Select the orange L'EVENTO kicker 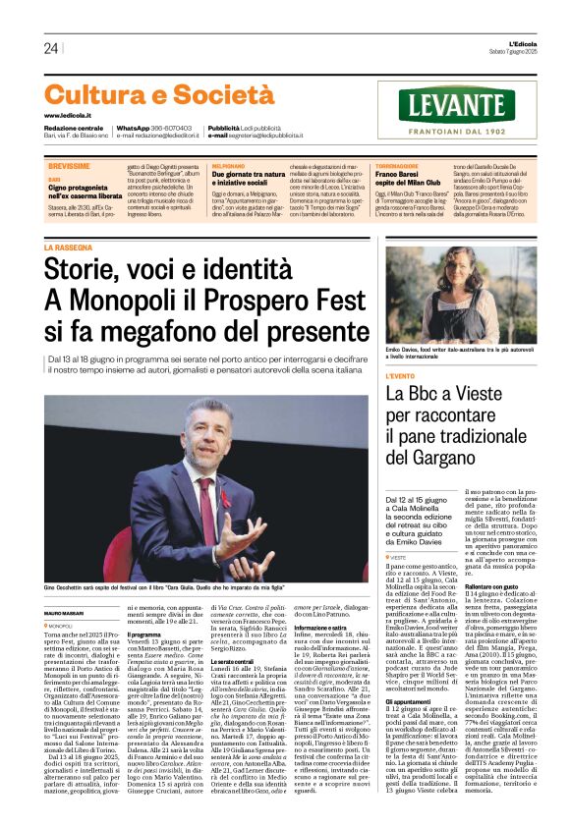[401, 376]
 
